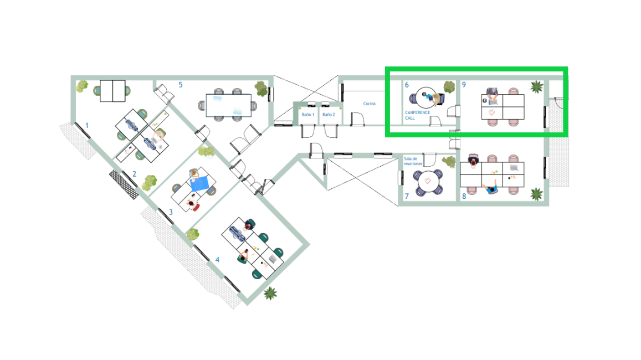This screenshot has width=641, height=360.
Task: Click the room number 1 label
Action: click(x=86, y=126)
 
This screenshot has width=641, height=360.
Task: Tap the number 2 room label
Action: click(x=134, y=174)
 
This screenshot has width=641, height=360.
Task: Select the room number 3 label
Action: click(x=171, y=212)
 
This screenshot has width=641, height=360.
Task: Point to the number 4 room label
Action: click(x=217, y=260)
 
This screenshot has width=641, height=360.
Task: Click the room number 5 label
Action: click(x=180, y=85)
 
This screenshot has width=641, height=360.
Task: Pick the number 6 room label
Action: click(x=407, y=85)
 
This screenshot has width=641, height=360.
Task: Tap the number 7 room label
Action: click(x=407, y=196)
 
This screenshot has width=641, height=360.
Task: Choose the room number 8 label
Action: click(x=464, y=196)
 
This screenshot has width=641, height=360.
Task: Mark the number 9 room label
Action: click(x=464, y=85)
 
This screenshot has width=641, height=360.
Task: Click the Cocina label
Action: click(x=369, y=104)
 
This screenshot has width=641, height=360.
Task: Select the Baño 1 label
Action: click(x=308, y=115)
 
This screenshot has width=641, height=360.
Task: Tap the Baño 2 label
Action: click(x=329, y=115)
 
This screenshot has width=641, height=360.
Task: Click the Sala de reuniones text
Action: click(x=413, y=161)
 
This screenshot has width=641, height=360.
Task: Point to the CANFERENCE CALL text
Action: click(x=417, y=115)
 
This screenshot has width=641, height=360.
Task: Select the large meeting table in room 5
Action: click(x=228, y=105)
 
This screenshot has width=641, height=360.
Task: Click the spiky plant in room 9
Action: click(x=537, y=86)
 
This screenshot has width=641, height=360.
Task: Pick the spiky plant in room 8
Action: click(x=537, y=194)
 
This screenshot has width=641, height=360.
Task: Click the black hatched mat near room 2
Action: click(x=124, y=184)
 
